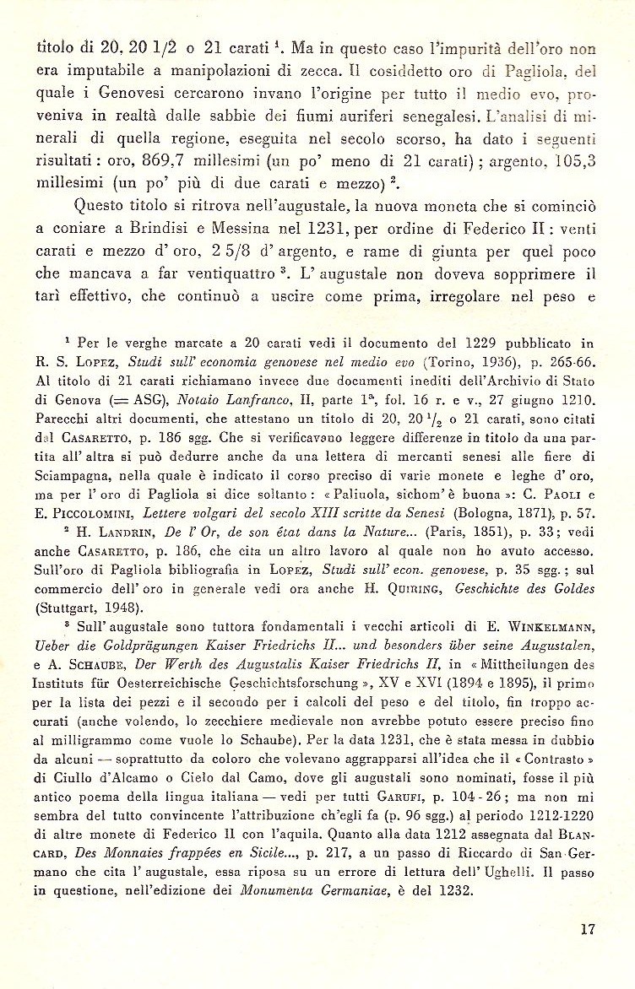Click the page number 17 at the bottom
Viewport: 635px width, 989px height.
[589, 930]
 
